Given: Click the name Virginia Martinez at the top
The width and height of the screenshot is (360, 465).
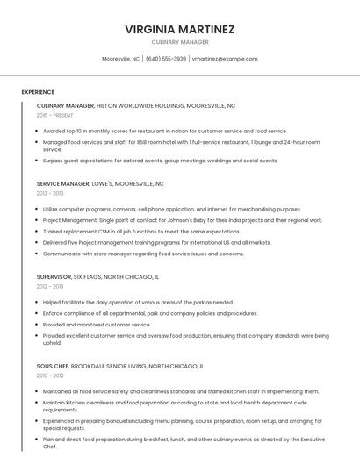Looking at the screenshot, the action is click(x=180, y=29).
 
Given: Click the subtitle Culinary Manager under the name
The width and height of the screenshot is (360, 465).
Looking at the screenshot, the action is click(x=180, y=42).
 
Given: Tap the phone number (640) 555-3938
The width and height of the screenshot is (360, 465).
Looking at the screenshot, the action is click(x=166, y=59).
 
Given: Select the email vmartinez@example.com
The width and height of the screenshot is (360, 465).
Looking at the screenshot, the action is click(x=225, y=59).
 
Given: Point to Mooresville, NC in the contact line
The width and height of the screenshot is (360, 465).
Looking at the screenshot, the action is click(x=120, y=59).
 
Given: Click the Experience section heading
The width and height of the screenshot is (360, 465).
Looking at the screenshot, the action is click(x=38, y=92).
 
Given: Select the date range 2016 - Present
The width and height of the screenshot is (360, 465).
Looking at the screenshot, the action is click(x=54, y=115).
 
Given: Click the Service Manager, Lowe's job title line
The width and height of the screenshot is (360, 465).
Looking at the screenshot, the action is click(x=100, y=184).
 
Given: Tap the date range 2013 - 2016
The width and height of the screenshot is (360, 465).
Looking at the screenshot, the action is click(x=50, y=193).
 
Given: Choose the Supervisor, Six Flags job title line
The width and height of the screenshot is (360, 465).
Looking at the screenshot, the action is click(x=97, y=276).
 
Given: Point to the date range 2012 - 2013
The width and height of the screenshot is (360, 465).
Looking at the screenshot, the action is click(x=50, y=286).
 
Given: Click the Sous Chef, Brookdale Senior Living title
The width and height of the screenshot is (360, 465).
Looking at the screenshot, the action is click(x=119, y=366).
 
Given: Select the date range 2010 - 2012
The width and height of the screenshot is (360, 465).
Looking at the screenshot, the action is click(x=50, y=376).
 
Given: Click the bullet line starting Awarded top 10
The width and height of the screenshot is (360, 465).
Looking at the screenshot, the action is click(x=165, y=131).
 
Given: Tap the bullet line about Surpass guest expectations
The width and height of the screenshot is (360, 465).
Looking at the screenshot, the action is click(x=160, y=161).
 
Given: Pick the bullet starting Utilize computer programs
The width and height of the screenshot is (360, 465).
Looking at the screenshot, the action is click(x=171, y=209).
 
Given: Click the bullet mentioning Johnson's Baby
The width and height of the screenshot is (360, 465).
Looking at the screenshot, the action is click(x=183, y=220).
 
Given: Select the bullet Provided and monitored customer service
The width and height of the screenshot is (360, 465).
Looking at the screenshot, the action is click(x=97, y=325).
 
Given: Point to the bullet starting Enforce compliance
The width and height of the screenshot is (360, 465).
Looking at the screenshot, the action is click(x=150, y=313).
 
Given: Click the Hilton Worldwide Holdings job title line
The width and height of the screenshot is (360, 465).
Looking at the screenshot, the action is click(x=136, y=105).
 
